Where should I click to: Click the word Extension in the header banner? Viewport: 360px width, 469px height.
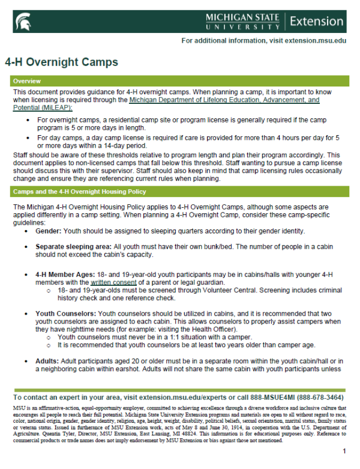click(316, 21)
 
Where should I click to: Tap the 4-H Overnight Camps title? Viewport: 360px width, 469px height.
click(62, 62)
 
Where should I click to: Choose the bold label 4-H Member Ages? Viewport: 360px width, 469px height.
click(65, 274)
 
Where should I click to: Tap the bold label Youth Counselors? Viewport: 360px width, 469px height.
click(65, 313)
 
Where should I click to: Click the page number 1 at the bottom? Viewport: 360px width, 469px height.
click(344, 450)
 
